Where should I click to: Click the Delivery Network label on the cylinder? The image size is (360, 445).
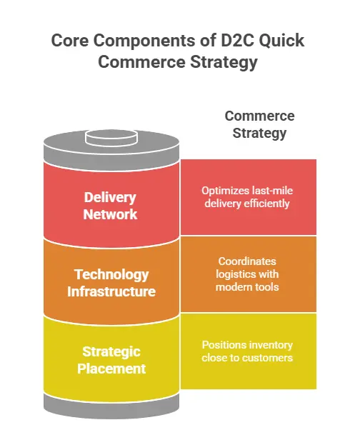click(110, 205)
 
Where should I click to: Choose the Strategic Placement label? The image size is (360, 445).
click(111, 360)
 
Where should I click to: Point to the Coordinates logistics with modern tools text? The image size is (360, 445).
click(247, 274)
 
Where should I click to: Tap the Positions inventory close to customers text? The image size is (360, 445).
click(247, 351)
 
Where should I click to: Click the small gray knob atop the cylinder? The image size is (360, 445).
click(111, 136)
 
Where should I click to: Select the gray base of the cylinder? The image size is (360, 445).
click(111, 404)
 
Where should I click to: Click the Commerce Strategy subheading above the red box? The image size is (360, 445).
click(259, 124)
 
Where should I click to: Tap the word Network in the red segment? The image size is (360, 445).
click(110, 214)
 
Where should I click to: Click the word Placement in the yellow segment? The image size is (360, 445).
click(111, 369)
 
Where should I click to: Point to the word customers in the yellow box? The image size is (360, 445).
click(264, 357)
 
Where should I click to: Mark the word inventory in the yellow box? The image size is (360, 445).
click(267, 344)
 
